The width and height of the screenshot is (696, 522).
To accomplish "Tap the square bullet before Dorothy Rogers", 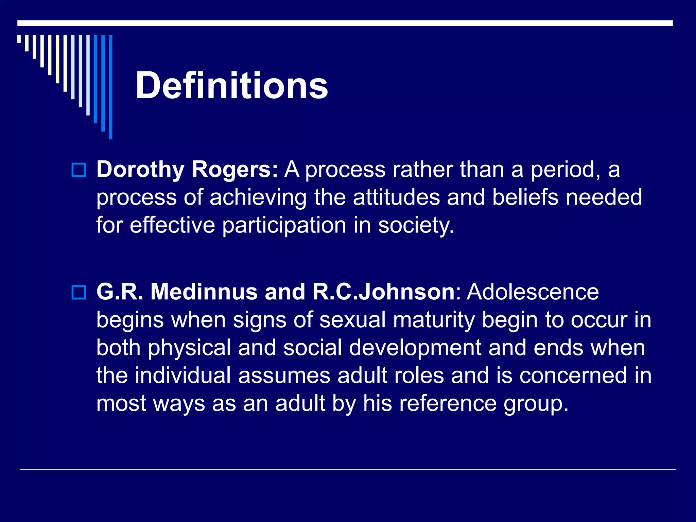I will [79, 170].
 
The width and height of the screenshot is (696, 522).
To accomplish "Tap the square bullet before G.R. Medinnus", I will [79, 292].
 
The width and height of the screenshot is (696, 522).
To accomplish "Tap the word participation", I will [284, 225].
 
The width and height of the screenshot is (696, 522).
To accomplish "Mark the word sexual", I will [352, 320].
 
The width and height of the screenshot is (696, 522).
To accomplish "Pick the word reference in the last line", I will [448, 403].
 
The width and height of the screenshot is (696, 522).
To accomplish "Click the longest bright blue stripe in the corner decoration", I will [110, 87].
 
